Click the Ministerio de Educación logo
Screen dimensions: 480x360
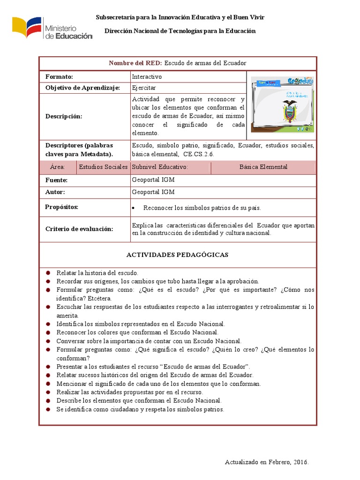(52, 29)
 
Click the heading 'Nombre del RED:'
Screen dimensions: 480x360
(135, 63)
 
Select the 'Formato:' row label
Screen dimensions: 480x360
(60, 76)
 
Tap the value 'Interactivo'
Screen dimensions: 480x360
(147, 76)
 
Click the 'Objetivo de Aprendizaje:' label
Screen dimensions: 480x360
(82, 88)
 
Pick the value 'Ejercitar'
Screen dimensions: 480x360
(144, 88)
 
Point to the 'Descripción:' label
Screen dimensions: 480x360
(63, 116)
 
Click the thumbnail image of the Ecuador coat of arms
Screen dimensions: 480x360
(282, 104)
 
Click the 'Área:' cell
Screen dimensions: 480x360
(57, 167)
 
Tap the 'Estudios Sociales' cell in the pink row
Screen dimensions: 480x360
(103, 167)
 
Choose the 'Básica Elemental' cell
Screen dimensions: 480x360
(263, 167)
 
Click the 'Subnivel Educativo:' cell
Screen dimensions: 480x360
(160, 167)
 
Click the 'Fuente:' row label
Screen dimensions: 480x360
(56, 180)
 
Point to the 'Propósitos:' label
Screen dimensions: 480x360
(61, 207)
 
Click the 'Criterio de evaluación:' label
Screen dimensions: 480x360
(79, 229)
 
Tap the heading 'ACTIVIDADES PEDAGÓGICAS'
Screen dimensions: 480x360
(177, 255)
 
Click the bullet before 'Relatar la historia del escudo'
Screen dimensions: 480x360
(48, 273)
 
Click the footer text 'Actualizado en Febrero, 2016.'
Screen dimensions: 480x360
(267, 462)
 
